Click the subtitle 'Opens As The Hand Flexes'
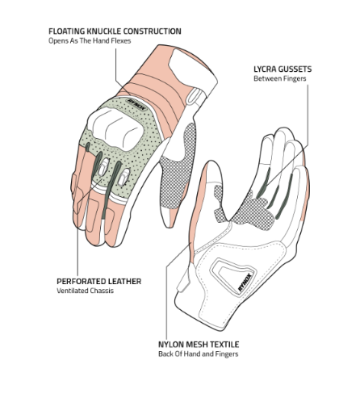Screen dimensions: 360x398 [90, 41]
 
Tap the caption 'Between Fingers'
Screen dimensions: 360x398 [280, 78]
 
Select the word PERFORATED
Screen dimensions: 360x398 [81, 282]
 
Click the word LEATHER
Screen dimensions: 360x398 [124, 282]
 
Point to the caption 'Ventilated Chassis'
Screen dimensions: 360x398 [85, 291]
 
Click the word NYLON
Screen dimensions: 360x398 [170, 345]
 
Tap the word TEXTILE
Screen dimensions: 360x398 [224, 345]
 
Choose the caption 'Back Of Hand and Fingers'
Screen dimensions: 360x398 [199, 354]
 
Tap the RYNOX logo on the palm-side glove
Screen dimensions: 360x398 [245, 282]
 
